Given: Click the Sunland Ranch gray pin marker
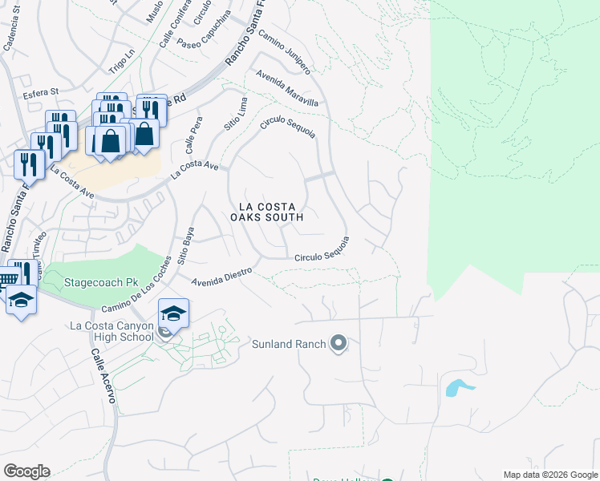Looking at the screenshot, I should pos(338,345).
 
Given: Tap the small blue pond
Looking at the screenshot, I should pos(455,389).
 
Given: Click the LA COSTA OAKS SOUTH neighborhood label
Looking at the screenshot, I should pos(266,211).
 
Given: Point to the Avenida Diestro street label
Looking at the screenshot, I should pos(222,276).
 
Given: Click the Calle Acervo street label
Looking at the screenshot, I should pos(104,378).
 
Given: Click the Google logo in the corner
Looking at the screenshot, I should pos(26,471).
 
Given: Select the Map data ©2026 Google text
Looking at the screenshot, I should pos(549,475).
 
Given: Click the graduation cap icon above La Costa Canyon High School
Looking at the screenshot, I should pos(173,313).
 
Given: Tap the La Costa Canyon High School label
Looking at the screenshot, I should pos(111,331).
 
